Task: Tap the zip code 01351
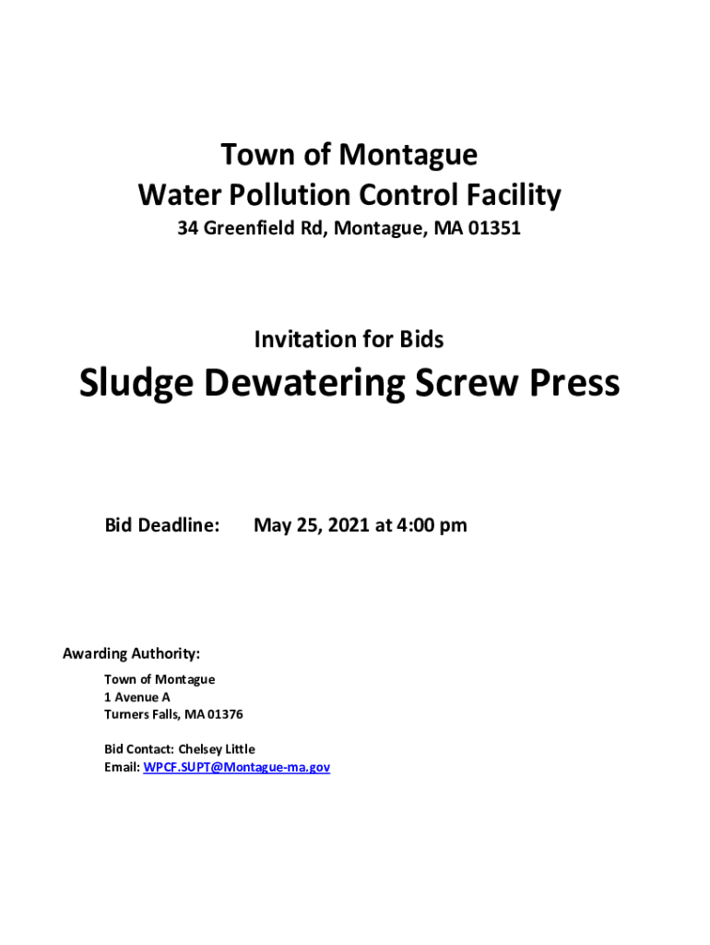[x=494, y=228]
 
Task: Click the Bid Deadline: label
[x=162, y=525]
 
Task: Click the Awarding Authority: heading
[x=131, y=654]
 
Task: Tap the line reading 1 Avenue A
[x=137, y=698]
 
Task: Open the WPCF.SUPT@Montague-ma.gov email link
[x=237, y=767]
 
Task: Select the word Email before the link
[x=122, y=767]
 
